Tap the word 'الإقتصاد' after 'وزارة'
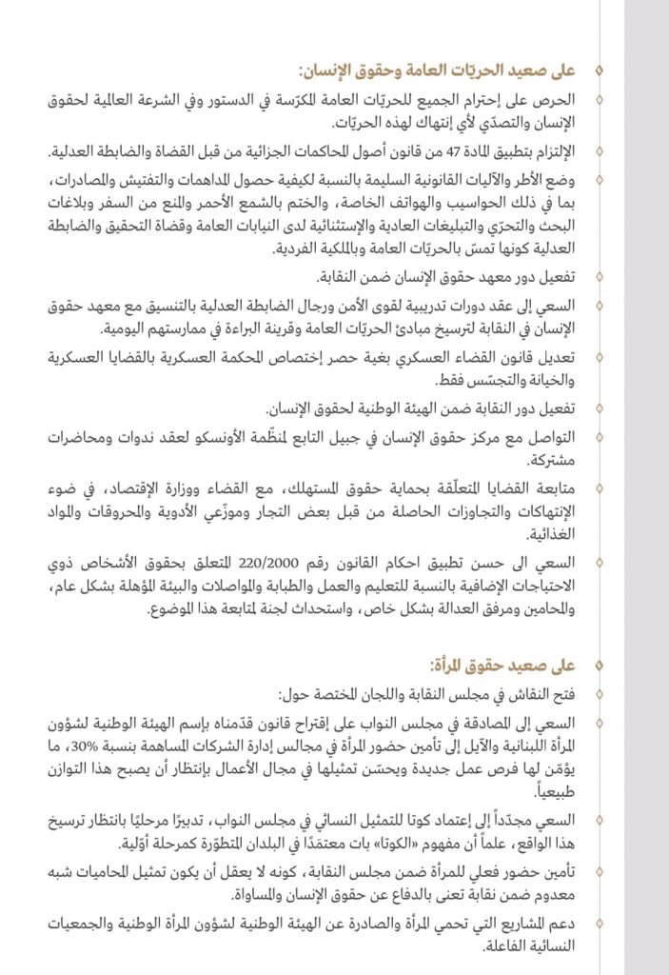point(142,489)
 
